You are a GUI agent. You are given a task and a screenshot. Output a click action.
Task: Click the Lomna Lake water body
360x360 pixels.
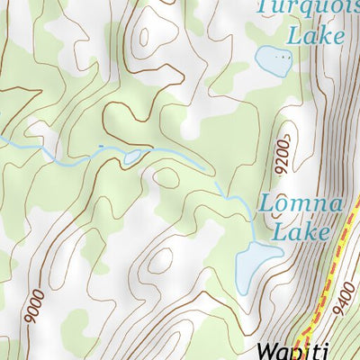[x=256, y=264]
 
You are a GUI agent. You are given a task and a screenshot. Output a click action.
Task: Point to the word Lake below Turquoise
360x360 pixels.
[x=314, y=35]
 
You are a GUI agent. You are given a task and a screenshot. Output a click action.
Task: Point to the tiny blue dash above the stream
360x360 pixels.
[x=101, y=145]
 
